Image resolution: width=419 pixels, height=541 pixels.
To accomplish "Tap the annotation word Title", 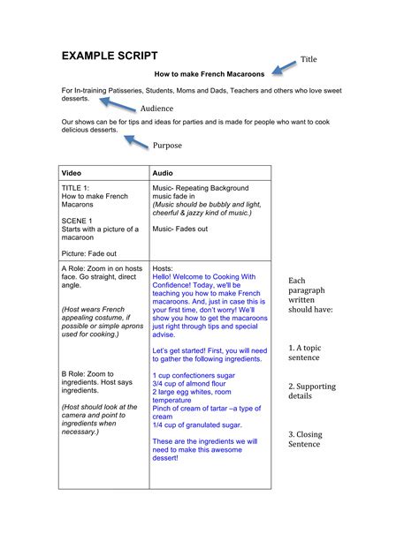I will [309, 59].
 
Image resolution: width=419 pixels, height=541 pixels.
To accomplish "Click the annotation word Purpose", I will [167, 146].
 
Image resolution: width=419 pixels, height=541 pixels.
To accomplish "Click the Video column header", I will [72, 173].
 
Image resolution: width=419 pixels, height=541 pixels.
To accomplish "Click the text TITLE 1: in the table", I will [76, 188].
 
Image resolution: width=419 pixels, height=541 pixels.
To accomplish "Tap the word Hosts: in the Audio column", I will [163, 267].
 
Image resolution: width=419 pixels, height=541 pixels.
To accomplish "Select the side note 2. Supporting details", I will [311, 392].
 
